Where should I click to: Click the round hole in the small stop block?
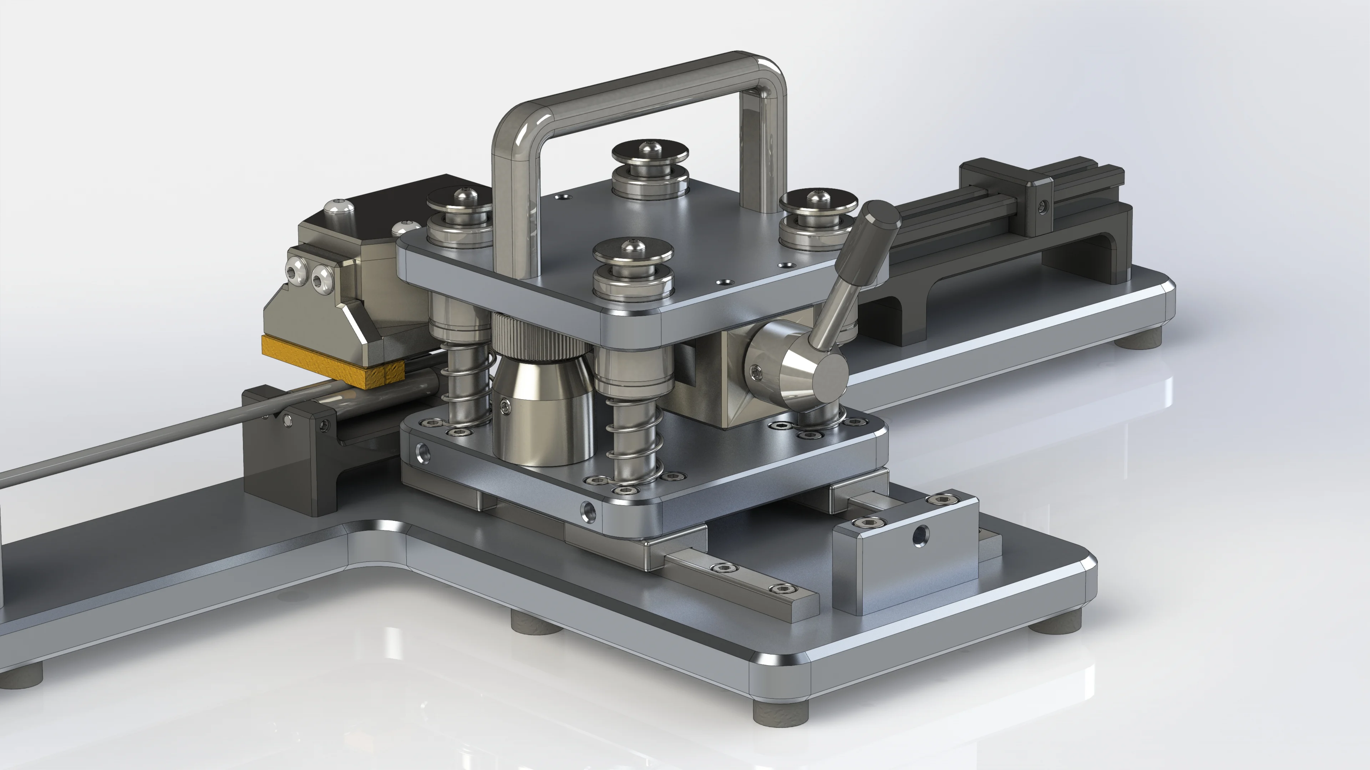(x=920, y=536)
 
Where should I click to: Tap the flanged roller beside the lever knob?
(x=816, y=218)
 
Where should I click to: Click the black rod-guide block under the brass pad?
(x=287, y=452)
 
